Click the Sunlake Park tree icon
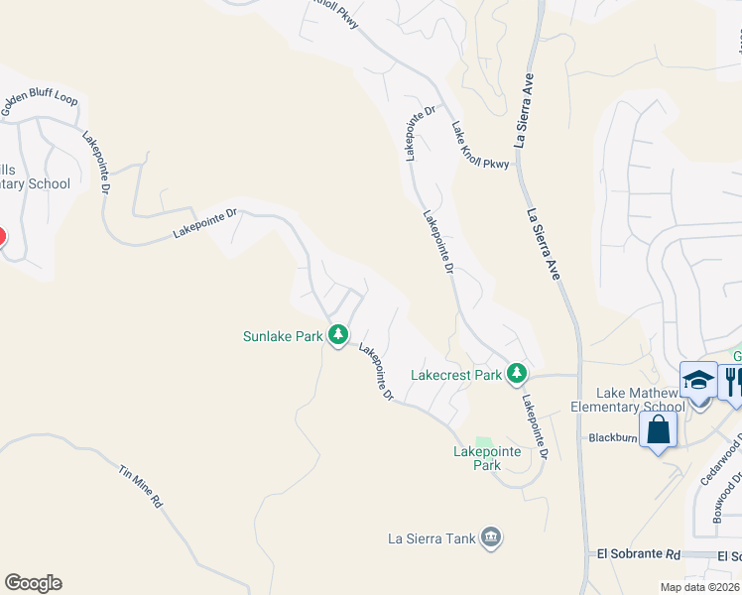click(338, 335)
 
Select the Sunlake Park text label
click(283, 336)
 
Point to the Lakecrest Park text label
click(456, 376)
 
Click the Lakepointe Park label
click(473, 457)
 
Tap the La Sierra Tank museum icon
click(491, 538)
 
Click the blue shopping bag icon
click(658, 430)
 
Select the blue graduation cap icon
click(698, 380)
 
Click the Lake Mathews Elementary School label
click(628, 401)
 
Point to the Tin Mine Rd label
click(140, 486)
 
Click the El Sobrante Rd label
click(636, 555)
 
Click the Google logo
click(33, 583)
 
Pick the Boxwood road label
click(723, 505)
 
